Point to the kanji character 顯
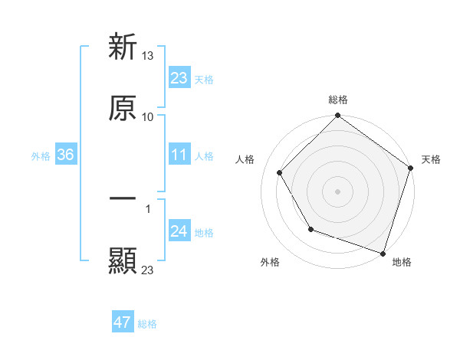pos(123,261)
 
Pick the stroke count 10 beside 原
pos(148,116)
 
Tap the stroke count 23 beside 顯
pos(148,270)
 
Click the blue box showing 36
pos(66,155)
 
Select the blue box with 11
pos(179,155)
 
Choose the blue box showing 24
pos(179,231)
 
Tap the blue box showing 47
pos(123,322)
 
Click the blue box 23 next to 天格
pos(179,78)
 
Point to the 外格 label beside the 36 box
pos(41,155)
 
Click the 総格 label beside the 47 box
pos(147,324)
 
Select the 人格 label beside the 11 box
pos(204,155)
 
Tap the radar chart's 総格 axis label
pos(337,100)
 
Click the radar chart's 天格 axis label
pos(432,159)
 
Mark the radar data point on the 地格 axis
pos(383,253)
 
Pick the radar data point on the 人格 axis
pos(280,172)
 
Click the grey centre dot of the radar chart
pos(337,191)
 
